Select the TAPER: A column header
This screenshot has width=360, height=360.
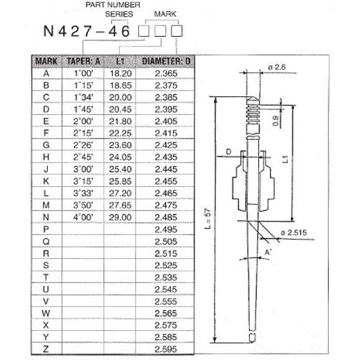pos(83,62)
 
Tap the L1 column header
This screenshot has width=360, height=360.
pos(120,62)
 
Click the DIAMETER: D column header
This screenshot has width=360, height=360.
pos(166,62)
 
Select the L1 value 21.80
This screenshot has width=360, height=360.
pos(120,120)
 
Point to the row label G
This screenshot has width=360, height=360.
pos(46,144)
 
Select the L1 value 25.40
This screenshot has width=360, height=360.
pos(120,168)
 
